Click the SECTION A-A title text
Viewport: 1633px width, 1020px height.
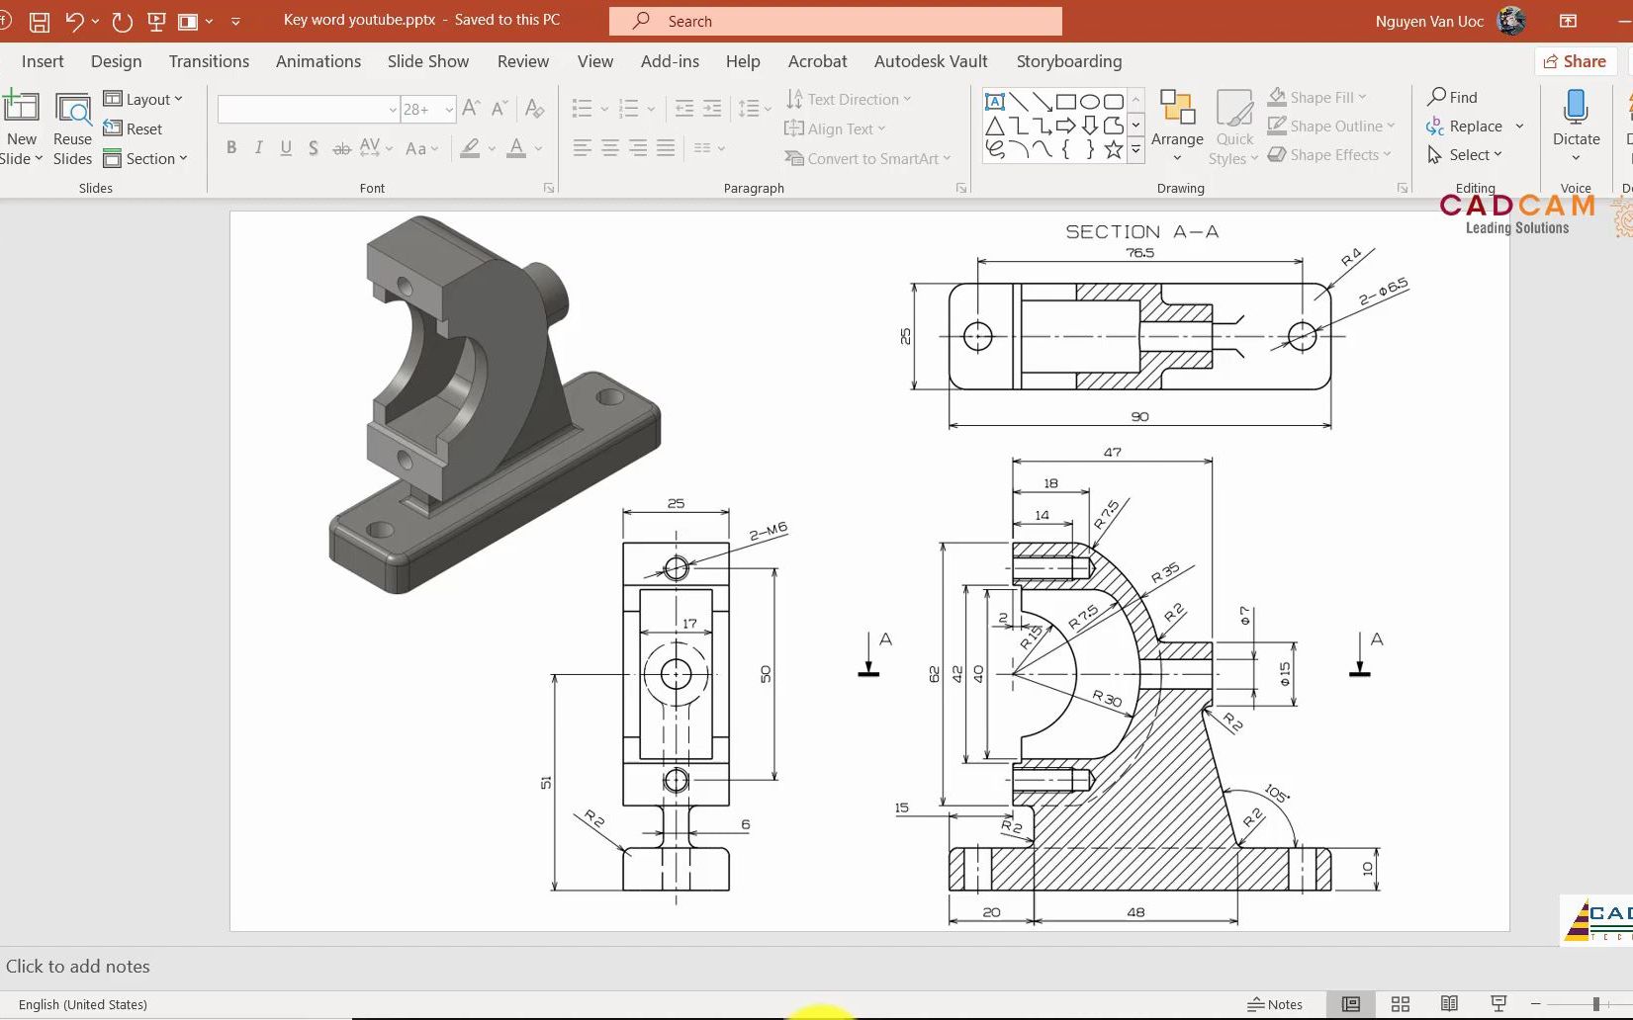[1141, 232]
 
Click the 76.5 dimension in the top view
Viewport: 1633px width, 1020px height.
[1139, 253]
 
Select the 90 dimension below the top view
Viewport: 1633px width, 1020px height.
[1139, 417]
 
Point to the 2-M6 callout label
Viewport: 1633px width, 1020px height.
[769, 532]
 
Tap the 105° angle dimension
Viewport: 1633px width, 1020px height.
[1276, 794]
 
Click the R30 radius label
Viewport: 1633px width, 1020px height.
[1107, 699]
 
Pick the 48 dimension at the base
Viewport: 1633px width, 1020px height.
[1135, 912]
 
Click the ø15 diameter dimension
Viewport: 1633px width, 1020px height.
[1285, 674]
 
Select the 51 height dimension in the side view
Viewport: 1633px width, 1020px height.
[546, 782]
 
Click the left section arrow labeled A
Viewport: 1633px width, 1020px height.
[870, 654]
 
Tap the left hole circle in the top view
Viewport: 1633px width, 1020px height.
[977, 336]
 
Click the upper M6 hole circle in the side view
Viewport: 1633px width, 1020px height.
[676, 568]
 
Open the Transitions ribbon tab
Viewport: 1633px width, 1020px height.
[209, 61]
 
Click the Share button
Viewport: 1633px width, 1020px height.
[1575, 61]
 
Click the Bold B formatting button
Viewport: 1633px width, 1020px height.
[231, 148]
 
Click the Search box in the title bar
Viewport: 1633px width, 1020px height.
[836, 21]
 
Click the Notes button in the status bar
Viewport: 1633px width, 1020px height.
[1275, 1004]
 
